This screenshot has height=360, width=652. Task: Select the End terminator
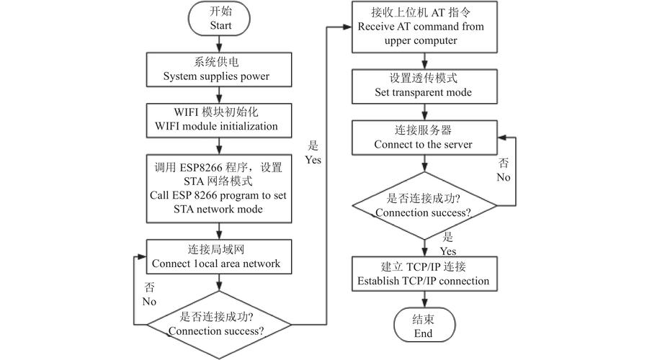tap(423, 326)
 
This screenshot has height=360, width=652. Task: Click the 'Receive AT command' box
tap(423, 27)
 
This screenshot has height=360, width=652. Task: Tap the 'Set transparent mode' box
tap(423, 86)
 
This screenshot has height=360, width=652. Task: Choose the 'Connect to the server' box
tap(423, 138)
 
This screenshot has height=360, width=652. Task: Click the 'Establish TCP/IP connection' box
tap(423, 274)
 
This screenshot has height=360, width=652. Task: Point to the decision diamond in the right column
tap(423, 206)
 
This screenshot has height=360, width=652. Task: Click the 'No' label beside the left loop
tap(149, 294)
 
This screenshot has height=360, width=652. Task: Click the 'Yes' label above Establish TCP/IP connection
tap(447, 244)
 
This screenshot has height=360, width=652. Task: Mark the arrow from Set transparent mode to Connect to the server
tap(423, 112)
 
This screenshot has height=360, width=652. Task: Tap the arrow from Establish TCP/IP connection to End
tap(423, 299)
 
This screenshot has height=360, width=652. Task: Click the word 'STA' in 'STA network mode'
tap(185, 209)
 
